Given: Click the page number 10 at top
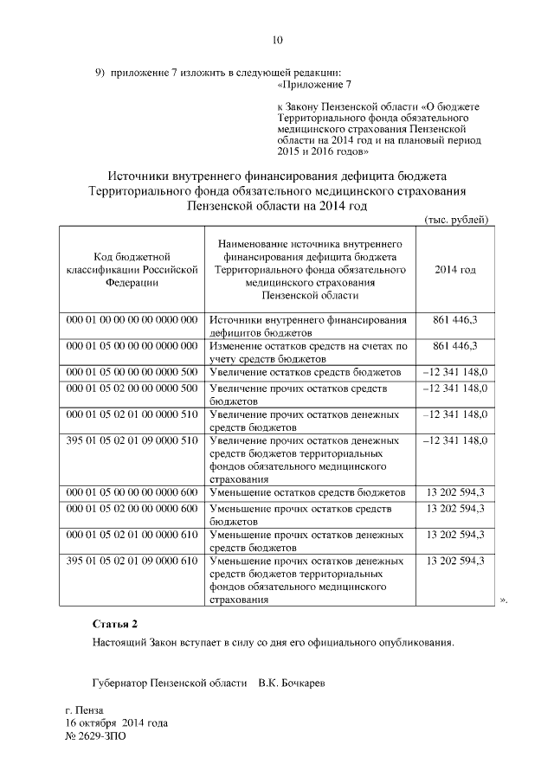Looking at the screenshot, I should click(x=277, y=40).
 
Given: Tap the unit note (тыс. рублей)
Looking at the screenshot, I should click(x=457, y=219).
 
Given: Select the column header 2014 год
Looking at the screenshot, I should click(x=454, y=270).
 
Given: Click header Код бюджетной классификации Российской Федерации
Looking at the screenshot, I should click(x=132, y=269).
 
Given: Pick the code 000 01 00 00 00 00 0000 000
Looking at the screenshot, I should click(x=132, y=320).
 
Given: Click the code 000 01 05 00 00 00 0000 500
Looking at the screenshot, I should click(x=132, y=371).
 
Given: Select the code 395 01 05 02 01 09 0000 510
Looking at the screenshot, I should click(x=132, y=440).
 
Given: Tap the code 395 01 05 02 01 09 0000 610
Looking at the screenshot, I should click(x=132, y=561).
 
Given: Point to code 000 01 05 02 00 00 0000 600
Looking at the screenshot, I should click(x=132, y=509).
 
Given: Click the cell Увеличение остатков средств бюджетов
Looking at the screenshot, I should click(x=306, y=371).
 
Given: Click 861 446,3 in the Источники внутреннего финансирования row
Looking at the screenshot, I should click(x=454, y=320).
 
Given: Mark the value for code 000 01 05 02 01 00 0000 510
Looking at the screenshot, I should click(x=454, y=414).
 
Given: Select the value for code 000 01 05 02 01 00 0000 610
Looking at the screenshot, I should click(x=454, y=535).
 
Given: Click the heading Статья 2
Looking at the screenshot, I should click(x=114, y=624).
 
